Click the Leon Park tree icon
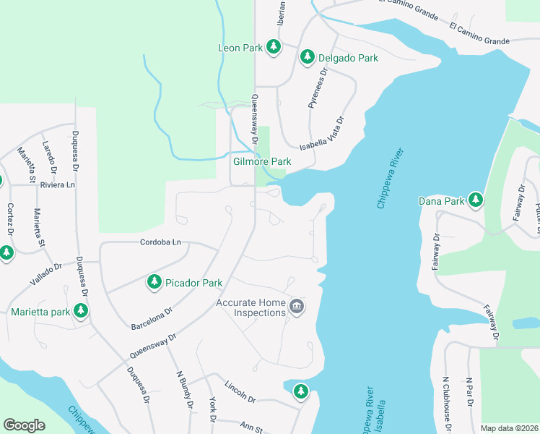click(x=273, y=47)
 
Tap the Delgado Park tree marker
click(x=307, y=56)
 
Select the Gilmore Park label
click(x=262, y=161)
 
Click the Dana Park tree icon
click(x=475, y=200)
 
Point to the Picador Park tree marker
click(x=154, y=281)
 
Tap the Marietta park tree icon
click(x=81, y=311)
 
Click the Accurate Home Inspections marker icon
click(x=296, y=307)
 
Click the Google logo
click(x=24, y=425)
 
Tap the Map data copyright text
click(x=509, y=428)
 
